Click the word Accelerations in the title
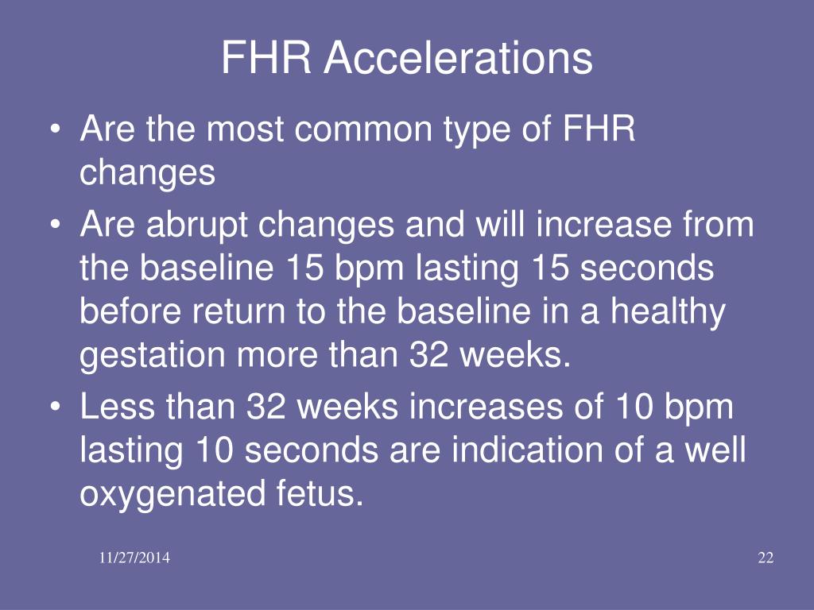tap(459, 57)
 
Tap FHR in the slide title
tap(266, 57)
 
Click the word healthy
tap(668, 311)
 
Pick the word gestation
tap(152, 356)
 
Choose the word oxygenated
tap(172, 494)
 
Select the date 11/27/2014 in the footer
tap(134, 558)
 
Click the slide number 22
tap(766, 558)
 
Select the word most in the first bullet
tap(245, 129)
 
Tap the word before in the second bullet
tap(130, 311)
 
